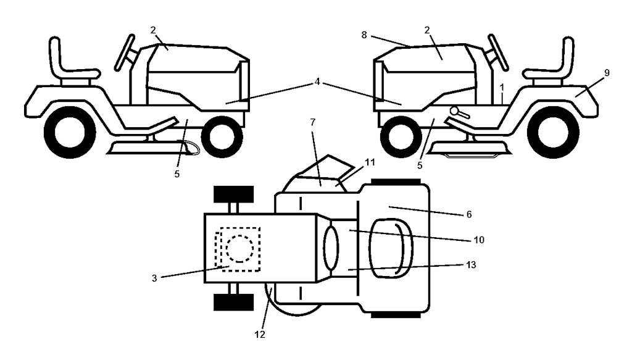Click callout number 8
tap(364, 35)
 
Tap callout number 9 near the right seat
tap(607, 73)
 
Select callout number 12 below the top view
tap(260, 335)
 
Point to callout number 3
tap(154, 278)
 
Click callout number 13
tap(471, 265)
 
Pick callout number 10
tap(479, 240)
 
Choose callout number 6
tap(469, 214)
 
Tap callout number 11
tap(370, 162)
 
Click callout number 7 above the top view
tap(313, 122)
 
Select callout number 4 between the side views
tap(317, 82)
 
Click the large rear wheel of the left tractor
tap(70, 132)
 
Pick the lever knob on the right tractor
tap(455, 111)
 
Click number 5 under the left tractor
tap(177, 175)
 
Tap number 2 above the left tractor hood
tap(153, 30)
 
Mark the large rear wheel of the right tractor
tap(553, 132)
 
